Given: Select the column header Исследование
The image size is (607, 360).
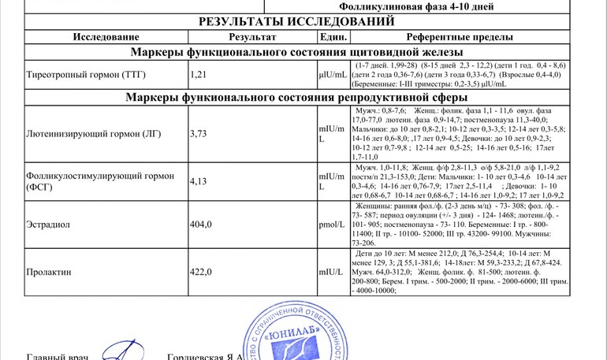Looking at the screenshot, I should click(x=106, y=37).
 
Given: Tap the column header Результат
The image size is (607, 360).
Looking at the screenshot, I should click(x=252, y=37).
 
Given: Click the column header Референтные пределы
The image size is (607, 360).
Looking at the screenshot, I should click(x=460, y=37).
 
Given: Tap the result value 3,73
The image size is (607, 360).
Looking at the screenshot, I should click(x=200, y=133).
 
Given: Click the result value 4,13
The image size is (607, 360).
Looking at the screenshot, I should click(x=200, y=181).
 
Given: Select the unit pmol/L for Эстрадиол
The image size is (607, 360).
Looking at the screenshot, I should click(x=332, y=225).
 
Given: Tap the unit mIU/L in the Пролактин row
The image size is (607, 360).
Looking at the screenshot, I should click(x=331, y=273).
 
